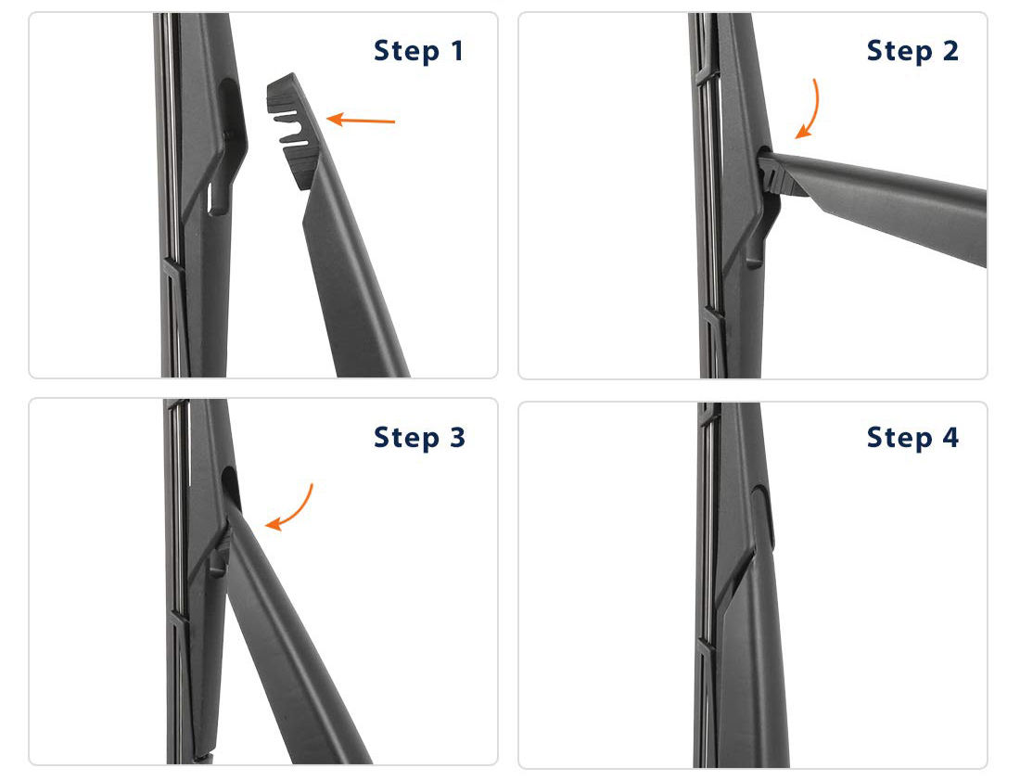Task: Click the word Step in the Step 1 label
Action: (x=406, y=51)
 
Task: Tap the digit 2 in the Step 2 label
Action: (x=950, y=51)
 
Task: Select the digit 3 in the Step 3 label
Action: (x=457, y=438)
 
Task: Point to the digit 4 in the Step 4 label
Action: (x=950, y=438)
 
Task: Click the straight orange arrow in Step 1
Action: (x=361, y=120)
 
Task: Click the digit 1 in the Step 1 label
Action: (x=456, y=51)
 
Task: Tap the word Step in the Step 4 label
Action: (x=899, y=438)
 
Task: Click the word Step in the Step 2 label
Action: (x=899, y=51)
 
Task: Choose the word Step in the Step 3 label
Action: (x=406, y=438)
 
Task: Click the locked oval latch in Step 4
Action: (x=763, y=519)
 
